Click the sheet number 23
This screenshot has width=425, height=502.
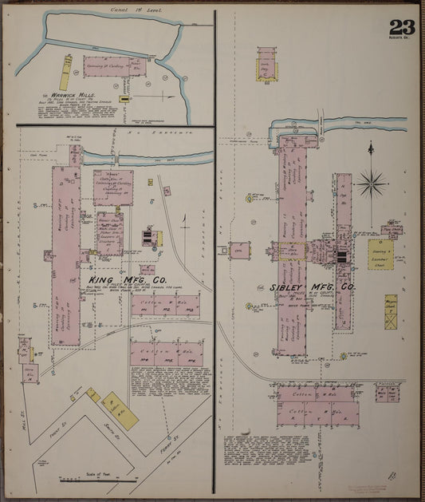402,26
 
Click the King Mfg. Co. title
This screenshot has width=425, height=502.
128,280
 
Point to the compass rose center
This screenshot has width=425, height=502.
371,184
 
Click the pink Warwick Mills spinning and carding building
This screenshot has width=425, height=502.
116,66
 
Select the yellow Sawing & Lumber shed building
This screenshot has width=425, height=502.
381,254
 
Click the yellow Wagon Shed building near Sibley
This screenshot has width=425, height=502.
391,312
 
